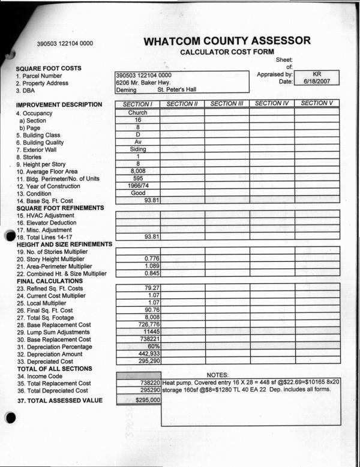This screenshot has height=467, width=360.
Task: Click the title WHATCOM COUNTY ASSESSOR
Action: coord(227,41)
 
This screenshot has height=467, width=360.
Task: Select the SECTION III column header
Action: coord(227,103)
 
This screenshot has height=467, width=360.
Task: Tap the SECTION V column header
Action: coord(317,103)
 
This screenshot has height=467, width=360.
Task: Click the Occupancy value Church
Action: coord(137,113)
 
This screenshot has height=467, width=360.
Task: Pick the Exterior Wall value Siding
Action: coord(137,149)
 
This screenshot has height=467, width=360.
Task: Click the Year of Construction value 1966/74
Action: coord(137,186)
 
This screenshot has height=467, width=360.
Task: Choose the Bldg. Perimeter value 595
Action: coord(137,178)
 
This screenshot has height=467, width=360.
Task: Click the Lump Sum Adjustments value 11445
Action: coord(149,331)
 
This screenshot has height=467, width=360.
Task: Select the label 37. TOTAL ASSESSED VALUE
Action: coord(59,400)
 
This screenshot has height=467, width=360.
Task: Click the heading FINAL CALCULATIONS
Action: coord(50,281)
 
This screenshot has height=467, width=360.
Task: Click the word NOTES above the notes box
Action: coord(218,375)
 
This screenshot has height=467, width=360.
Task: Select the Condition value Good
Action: coord(137,193)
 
